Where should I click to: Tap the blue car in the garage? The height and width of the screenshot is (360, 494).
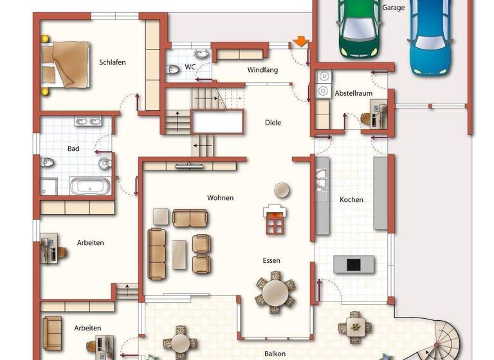tap(430, 35)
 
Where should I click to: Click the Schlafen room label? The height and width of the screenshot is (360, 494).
tap(112, 62)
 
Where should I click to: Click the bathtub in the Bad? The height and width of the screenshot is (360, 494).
tap(89, 186)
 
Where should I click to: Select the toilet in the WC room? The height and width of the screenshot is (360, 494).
tap(174, 69)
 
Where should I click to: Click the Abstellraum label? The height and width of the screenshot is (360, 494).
tap(353, 93)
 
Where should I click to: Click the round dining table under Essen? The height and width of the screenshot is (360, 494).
tap(275, 291)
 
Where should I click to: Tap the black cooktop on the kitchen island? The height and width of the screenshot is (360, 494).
tap(353, 264)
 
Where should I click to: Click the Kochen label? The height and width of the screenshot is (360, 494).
tap(351, 199)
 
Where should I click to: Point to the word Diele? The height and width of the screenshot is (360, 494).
tap(273, 122)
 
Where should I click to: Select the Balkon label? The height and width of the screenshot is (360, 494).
tap(275, 354)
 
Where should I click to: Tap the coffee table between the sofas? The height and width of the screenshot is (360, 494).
tap(179, 255)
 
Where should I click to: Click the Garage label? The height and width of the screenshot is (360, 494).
tap(394, 8)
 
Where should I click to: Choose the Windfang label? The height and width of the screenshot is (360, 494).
tap(262, 69)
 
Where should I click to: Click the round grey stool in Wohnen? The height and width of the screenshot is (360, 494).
tap(281, 190)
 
